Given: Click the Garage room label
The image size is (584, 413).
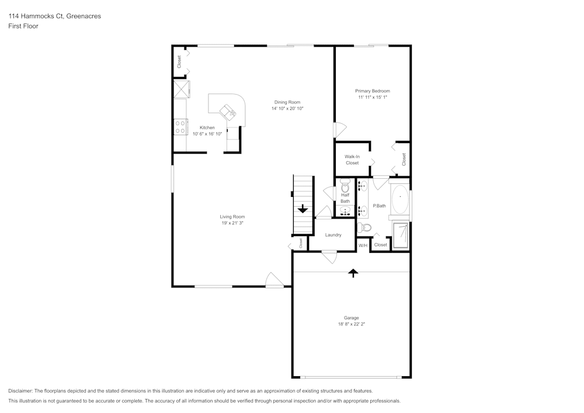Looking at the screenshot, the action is pyautogui.click(x=351, y=318).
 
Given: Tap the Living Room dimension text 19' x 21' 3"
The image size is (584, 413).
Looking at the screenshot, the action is pyautogui.click(x=232, y=223).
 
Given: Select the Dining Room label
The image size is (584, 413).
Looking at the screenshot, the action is pyautogui.click(x=287, y=102).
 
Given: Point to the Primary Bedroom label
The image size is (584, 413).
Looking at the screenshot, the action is pyautogui.click(x=373, y=91).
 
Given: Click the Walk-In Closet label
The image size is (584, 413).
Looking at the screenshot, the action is pyautogui.click(x=352, y=159).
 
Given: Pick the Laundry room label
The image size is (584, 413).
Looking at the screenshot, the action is pyautogui.click(x=333, y=235).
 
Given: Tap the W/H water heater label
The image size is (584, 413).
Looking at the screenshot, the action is pyautogui.click(x=363, y=246).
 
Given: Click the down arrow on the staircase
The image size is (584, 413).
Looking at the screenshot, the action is pyautogui.click(x=303, y=209).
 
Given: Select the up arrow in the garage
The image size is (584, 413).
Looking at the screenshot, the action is pyautogui.click(x=353, y=273).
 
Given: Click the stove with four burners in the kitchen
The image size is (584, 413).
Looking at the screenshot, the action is pyautogui.click(x=180, y=127).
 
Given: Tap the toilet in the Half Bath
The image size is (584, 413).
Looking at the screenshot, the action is pyautogui.click(x=345, y=186).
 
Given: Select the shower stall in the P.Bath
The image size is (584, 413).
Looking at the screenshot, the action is pyautogui.click(x=401, y=235).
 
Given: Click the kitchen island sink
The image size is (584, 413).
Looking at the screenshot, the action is pyautogui.click(x=228, y=112).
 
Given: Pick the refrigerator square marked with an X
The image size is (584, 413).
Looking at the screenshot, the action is pyautogui.click(x=182, y=89).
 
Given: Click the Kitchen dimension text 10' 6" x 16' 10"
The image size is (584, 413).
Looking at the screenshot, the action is pyautogui.click(x=207, y=134).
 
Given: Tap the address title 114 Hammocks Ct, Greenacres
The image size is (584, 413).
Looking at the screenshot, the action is pyautogui.click(x=55, y=16).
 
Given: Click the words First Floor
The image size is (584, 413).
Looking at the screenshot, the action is pyautogui.click(x=23, y=26).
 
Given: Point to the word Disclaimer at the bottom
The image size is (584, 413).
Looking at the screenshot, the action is pyautogui.click(x=20, y=391).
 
